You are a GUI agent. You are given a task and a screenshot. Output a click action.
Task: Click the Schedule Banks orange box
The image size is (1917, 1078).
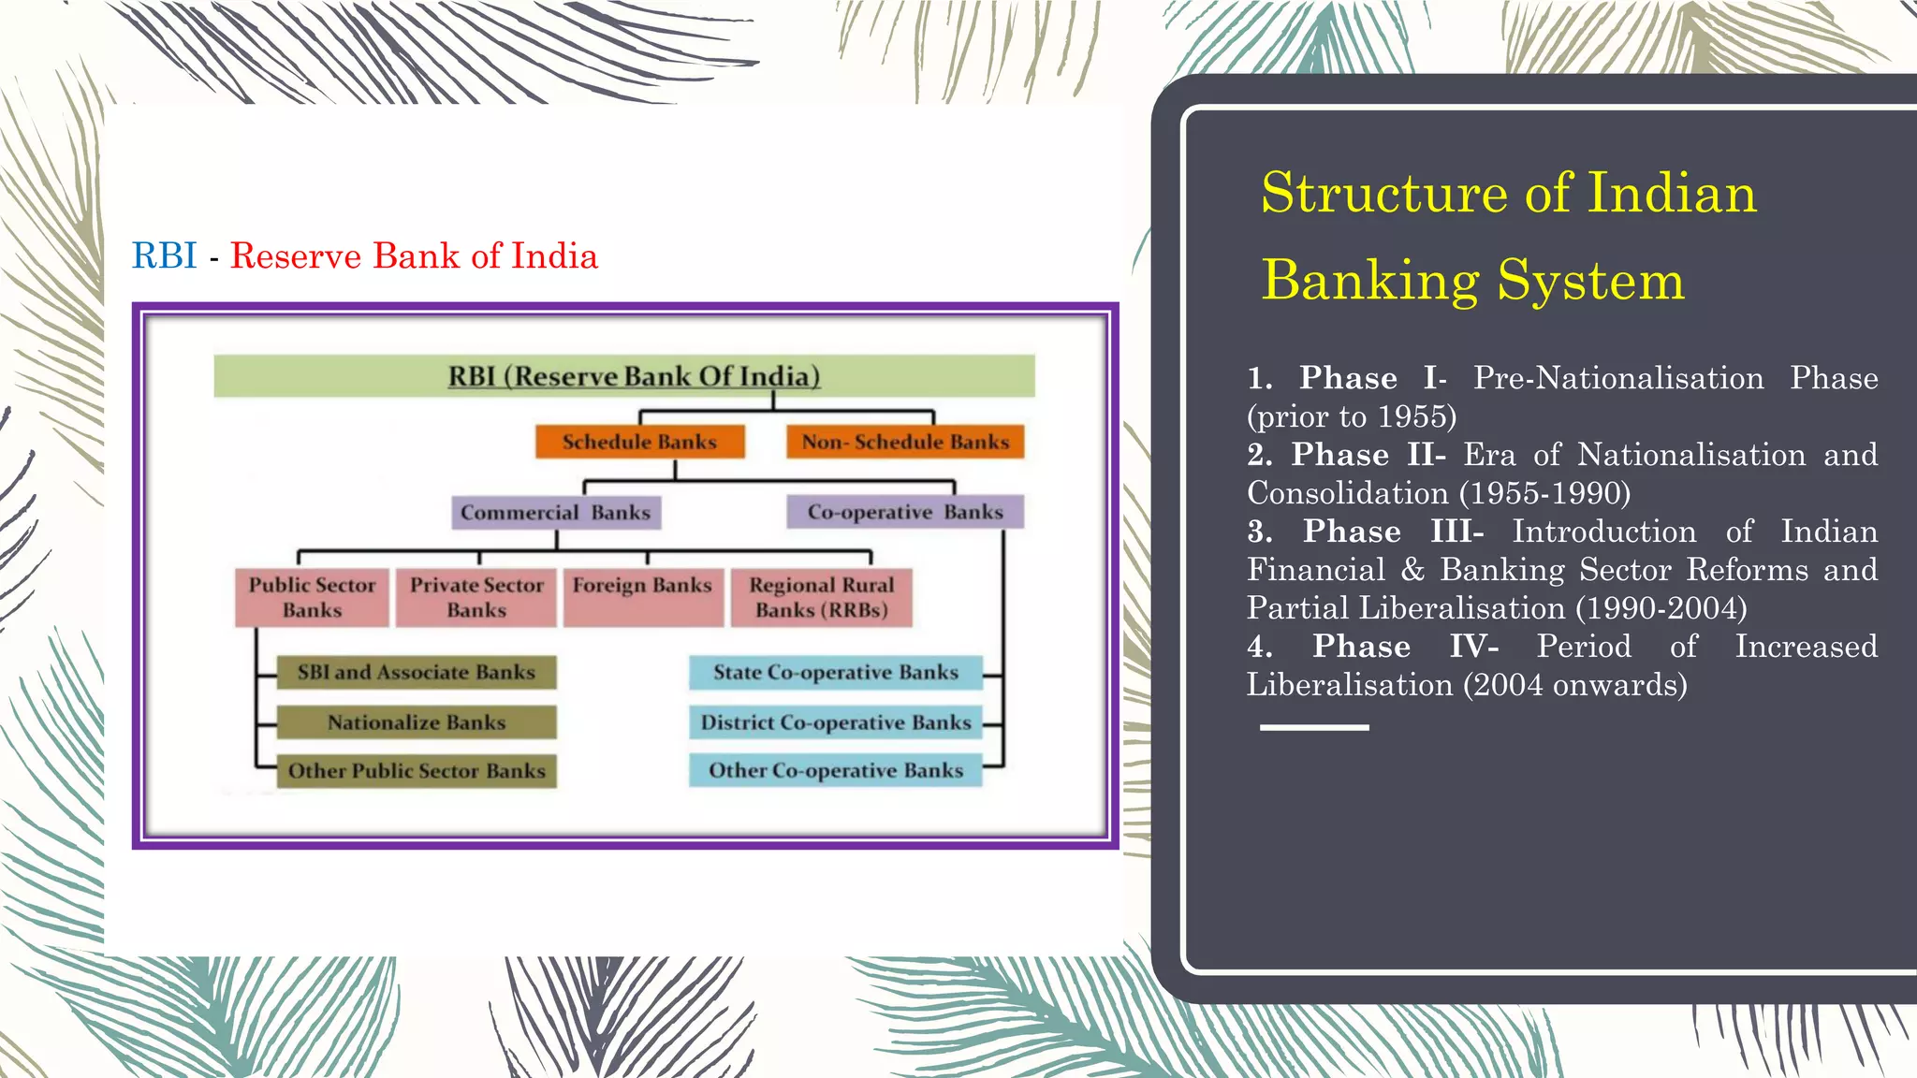(639, 442)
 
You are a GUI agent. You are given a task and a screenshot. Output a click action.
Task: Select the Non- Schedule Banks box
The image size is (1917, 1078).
(905, 442)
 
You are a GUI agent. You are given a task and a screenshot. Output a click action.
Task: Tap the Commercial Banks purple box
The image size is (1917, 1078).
(556, 513)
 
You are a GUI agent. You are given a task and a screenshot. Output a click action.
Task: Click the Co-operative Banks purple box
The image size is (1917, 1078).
(904, 512)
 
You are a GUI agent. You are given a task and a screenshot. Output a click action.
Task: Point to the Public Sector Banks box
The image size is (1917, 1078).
(312, 597)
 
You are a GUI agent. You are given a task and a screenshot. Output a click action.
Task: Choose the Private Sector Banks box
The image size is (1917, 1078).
(476, 597)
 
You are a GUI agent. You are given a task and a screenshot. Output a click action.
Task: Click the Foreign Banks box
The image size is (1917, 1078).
(642, 597)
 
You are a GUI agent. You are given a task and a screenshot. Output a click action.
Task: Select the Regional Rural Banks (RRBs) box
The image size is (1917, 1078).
(821, 597)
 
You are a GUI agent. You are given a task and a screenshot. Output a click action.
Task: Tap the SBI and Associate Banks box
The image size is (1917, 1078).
(417, 672)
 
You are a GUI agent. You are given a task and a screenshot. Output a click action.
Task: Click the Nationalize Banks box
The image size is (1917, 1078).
(417, 722)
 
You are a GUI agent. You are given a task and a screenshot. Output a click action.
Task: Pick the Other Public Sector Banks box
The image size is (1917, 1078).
(417, 771)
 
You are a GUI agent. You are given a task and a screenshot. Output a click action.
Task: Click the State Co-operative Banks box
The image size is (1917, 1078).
(835, 672)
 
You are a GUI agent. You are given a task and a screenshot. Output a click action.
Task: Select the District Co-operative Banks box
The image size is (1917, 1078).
(835, 722)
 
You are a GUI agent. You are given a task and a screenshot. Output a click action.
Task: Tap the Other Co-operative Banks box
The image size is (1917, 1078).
(835, 770)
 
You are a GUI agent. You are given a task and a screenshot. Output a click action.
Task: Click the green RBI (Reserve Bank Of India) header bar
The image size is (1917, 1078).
(624, 376)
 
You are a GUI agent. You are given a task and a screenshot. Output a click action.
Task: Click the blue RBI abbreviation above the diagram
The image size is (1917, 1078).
(164, 255)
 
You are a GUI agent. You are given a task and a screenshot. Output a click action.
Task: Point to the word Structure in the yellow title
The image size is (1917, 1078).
(1383, 194)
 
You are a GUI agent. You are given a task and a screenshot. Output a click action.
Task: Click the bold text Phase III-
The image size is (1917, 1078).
(1393, 532)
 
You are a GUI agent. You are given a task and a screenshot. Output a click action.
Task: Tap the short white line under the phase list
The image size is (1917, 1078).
(1314, 727)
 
